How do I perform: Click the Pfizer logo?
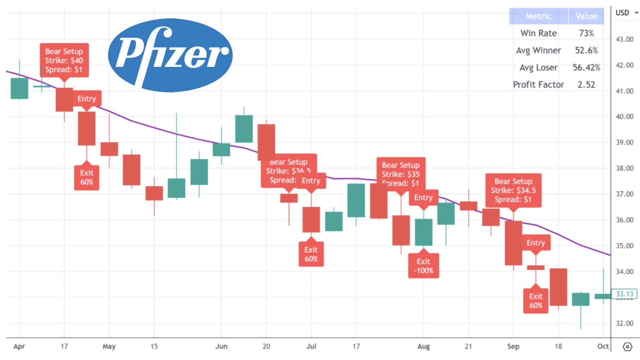pyautogui.click(x=170, y=55)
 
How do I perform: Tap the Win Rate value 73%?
pyautogui.click(x=586, y=33)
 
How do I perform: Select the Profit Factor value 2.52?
pyautogui.click(x=586, y=85)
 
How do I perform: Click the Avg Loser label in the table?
pyautogui.click(x=538, y=68)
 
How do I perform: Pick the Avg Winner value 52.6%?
pyautogui.click(x=586, y=51)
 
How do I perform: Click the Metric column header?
pyautogui.click(x=538, y=16)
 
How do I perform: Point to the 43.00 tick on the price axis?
pyautogui.click(x=624, y=39)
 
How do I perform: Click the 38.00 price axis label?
pyautogui.click(x=624, y=168)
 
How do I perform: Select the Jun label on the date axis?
pyautogui.click(x=221, y=346)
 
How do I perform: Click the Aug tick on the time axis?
pyautogui.click(x=423, y=346)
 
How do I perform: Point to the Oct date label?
pyautogui.click(x=603, y=346)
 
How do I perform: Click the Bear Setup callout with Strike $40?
pyautogui.click(x=64, y=60)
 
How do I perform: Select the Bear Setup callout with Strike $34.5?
pyautogui.click(x=513, y=190)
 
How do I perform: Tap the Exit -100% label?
pyautogui.click(x=423, y=266)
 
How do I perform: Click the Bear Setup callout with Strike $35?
pyautogui.click(x=401, y=174)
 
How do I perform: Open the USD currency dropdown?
pyautogui.click(x=626, y=13)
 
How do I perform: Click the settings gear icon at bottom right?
pyautogui.click(x=627, y=347)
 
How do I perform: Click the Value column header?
pyautogui.click(x=586, y=16)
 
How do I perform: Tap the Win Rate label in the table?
pyautogui.click(x=538, y=33)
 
